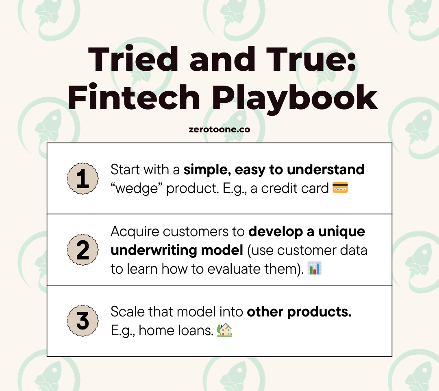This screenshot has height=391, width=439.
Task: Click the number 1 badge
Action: (x=83, y=178)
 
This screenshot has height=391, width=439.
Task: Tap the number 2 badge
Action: (x=83, y=250)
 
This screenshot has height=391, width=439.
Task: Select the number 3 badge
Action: (x=83, y=321)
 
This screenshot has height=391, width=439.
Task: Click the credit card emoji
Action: (x=340, y=188)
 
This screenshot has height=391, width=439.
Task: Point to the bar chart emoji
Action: (x=315, y=268)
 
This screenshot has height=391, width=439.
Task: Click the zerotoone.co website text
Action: (x=219, y=130)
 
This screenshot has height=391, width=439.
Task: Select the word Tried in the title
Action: (x=133, y=59)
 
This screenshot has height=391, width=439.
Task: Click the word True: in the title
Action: (x=311, y=59)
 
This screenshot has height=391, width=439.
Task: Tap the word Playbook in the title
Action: (x=295, y=99)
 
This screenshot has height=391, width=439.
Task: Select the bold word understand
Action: (x=326, y=169)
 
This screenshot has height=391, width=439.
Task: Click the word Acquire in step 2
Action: (x=135, y=232)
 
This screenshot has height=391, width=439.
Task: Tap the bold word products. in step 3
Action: (x=319, y=312)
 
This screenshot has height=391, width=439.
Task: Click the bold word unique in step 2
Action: (x=341, y=232)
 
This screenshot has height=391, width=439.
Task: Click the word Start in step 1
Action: (x=125, y=169)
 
